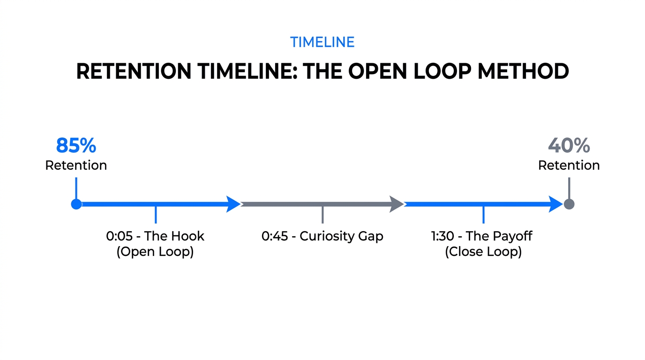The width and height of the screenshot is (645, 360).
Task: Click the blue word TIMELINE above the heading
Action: pyautogui.click(x=322, y=42)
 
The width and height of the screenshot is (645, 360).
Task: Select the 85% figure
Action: pyautogui.click(x=76, y=146)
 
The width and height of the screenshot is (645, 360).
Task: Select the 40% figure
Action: pyautogui.click(x=569, y=146)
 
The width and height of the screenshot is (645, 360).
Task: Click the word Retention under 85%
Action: pyautogui.click(x=76, y=165)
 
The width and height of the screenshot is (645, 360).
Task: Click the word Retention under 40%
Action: pyautogui.click(x=569, y=165)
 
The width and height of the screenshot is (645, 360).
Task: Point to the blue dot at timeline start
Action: pyautogui.click(x=76, y=204)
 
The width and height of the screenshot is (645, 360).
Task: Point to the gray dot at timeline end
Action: pyautogui.click(x=569, y=204)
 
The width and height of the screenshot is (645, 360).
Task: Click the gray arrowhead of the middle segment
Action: pyautogui.click(x=397, y=204)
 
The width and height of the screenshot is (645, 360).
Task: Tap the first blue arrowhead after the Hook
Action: pyautogui.click(x=233, y=204)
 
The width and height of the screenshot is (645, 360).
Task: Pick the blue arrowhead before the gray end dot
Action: pyautogui.click(x=555, y=204)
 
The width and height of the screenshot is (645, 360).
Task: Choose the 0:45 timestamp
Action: pyautogui.click(x=274, y=236)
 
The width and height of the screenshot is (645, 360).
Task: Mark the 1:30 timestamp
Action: pyautogui.click(x=442, y=236)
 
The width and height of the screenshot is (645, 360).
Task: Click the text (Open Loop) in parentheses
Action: pyautogui.click(x=155, y=252)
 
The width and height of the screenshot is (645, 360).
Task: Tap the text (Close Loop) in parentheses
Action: pyautogui.click(x=483, y=252)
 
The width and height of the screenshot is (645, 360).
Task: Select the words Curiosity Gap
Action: pyautogui.click(x=341, y=236)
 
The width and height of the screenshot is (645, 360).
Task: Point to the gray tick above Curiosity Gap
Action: pyautogui.click(x=322, y=215)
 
